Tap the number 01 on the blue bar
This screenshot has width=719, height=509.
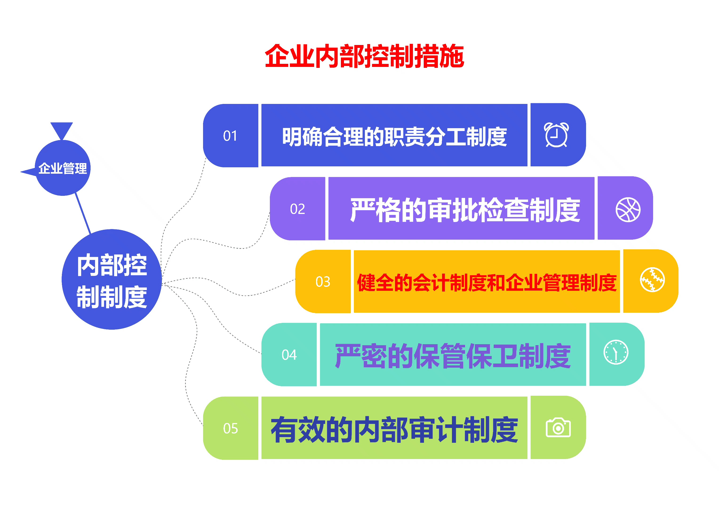point(230,136)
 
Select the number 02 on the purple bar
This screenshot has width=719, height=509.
point(297,209)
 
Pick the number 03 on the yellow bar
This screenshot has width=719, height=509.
point(323,282)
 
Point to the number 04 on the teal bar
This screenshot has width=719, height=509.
point(289,355)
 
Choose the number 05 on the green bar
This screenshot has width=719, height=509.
point(231,428)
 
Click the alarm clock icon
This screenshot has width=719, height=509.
point(556,135)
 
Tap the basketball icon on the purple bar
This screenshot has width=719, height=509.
point(628,210)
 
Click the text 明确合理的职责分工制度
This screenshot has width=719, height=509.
point(395,137)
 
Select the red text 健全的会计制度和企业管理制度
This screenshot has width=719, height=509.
point(487,283)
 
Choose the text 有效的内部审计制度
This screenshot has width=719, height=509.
point(394,429)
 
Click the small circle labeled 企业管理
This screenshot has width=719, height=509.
point(63,168)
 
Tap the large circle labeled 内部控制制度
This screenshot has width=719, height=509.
point(112,279)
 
